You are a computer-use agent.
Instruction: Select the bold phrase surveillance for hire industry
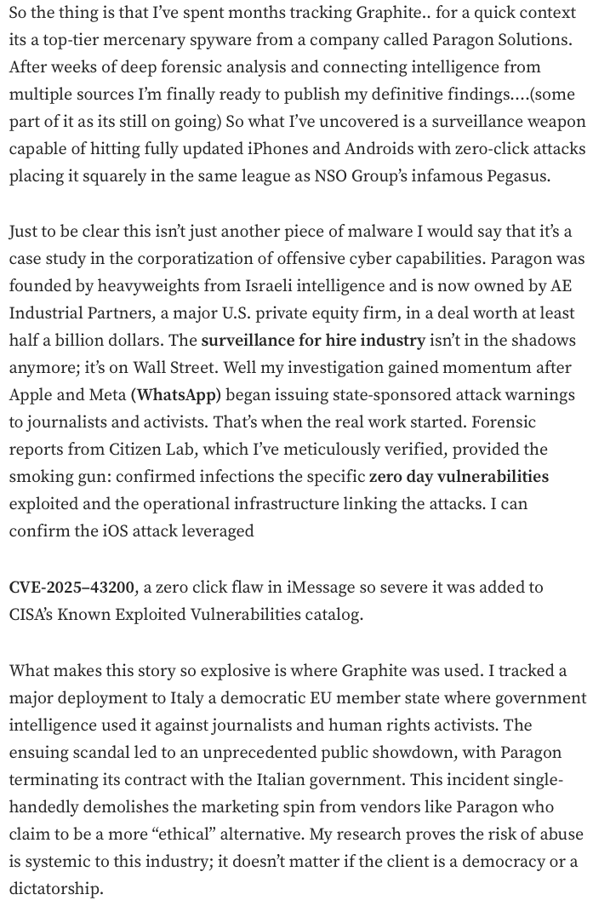(313, 341)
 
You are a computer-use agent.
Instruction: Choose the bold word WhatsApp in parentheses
(176, 396)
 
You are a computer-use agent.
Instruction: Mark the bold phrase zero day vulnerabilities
(459, 476)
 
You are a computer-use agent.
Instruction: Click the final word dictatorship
(55, 890)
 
